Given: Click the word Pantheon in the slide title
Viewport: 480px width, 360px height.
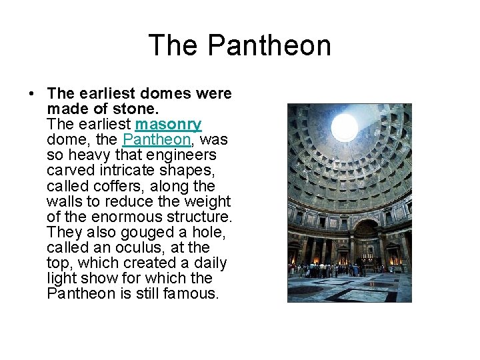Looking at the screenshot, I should coord(269,46).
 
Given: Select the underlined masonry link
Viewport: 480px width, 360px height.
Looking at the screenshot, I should coord(168,125).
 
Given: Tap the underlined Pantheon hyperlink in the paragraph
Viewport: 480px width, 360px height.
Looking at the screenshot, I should coord(157,140).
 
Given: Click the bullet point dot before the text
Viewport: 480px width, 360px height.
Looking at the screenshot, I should coord(33,94).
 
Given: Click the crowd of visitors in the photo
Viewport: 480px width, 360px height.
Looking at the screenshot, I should coord(330,270).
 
